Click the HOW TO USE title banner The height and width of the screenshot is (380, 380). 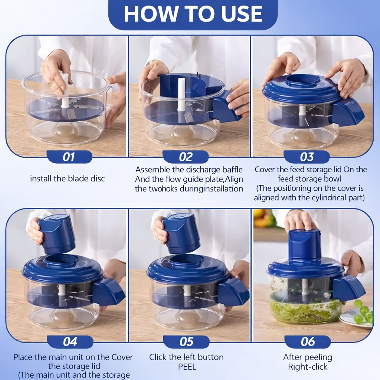click(x=193, y=14)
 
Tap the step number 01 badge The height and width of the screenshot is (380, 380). click(x=69, y=157)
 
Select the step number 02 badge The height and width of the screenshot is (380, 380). click(x=186, y=157)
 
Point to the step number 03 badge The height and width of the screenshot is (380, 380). click(x=307, y=157)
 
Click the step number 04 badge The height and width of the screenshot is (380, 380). click(x=70, y=342)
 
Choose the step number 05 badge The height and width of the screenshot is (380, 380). click(x=186, y=342)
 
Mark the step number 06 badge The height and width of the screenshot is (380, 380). click(x=308, y=342)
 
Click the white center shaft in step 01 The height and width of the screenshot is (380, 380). click(x=65, y=91)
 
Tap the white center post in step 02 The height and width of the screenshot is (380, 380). click(x=181, y=95)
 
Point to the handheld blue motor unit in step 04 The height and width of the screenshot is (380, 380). click(x=57, y=234)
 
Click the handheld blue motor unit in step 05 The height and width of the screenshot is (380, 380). click(x=181, y=233)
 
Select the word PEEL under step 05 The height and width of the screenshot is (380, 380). click(x=187, y=367)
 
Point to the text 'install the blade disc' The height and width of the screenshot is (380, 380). click(x=68, y=178)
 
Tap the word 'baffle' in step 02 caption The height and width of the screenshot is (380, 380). click(x=232, y=169)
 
